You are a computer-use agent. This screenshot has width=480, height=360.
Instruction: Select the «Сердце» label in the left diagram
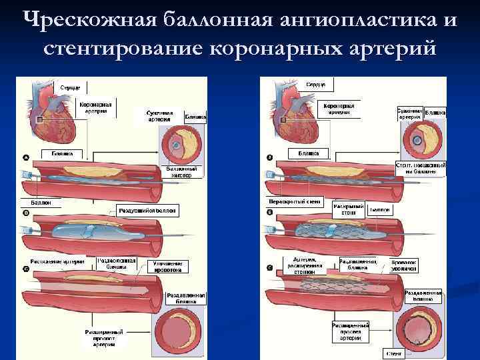tap(70, 87)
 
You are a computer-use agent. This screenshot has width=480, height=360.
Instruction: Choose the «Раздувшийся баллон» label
tap(149, 210)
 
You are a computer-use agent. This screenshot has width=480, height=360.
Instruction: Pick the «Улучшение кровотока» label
tap(163, 267)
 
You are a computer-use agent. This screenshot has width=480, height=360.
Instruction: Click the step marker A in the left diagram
tap(26, 158)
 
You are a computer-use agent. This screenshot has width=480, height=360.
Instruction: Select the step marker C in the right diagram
tap(269, 268)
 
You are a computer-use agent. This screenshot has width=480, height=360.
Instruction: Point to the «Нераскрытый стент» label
tap(294, 201)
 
